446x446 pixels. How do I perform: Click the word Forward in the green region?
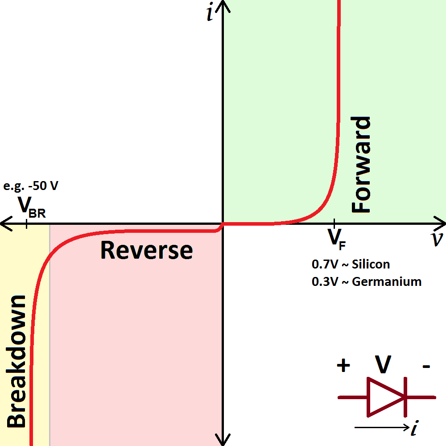(361, 165)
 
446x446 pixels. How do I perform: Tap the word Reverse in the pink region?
(146, 250)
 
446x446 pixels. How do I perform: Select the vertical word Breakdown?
(17, 361)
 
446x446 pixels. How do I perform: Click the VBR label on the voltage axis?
(31, 206)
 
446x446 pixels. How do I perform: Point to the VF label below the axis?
(337, 239)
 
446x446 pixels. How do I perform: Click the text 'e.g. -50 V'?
(30, 186)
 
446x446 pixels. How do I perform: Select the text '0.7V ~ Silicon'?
(351, 264)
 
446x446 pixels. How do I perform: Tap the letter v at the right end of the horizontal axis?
(437, 240)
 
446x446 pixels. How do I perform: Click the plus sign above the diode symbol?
(343, 366)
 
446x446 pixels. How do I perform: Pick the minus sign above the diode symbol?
(426, 367)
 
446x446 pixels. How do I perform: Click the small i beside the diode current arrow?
(415, 429)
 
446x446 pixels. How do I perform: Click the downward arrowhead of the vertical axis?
(223, 441)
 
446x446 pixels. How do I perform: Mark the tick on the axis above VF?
(334, 223)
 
